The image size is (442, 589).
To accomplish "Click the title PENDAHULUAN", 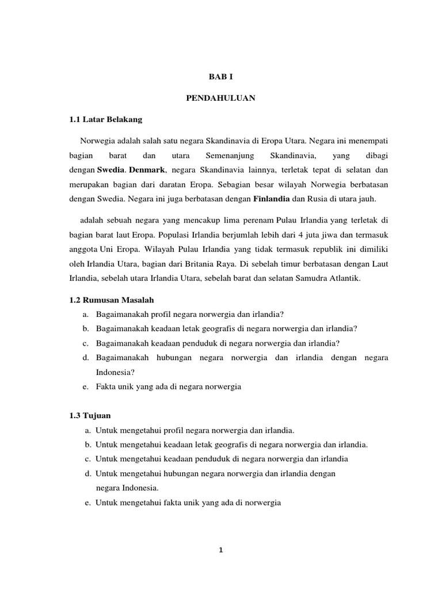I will tap(220, 98).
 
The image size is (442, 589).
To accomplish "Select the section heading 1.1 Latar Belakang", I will tap(105, 120).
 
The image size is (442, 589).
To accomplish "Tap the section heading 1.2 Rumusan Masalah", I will tap(112, 300).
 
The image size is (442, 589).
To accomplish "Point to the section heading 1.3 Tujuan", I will tap(89, 415).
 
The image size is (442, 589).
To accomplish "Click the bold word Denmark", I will tap(148, 170).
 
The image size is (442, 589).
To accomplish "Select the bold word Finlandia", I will tap(272, 199).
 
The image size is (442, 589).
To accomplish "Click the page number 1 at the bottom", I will tap(220, 550).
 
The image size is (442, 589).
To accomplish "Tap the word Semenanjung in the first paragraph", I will tap(228, 156).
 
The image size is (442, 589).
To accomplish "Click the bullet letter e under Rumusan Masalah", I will tap(85, 387).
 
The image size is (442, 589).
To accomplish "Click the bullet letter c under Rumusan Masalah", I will tap(85, 343).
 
